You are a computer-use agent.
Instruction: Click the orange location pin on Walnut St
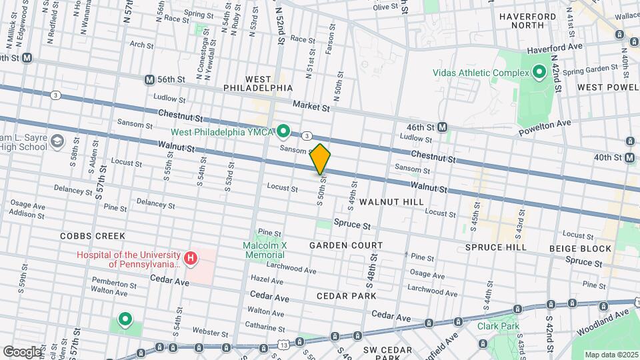320,159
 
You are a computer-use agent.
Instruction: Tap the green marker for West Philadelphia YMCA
283,131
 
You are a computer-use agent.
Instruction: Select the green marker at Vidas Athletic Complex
539,71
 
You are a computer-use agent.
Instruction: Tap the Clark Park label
494,326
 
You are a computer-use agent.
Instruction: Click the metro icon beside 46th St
443,126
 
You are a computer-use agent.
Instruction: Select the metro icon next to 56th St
149,79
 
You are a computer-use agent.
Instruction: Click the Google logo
22,351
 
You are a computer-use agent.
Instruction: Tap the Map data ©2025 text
609,355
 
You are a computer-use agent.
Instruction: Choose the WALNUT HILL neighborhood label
391,201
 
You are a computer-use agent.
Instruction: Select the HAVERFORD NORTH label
533,19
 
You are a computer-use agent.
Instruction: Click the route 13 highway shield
284,345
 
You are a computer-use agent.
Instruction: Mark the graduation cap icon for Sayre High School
58,141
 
